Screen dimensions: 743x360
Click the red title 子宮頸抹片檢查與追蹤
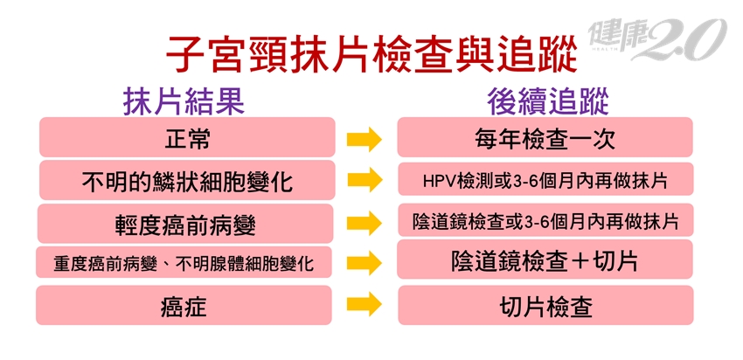click(x=371, y=56)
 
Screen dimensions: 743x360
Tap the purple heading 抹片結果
click(x=184, y=101)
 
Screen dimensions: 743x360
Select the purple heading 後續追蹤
click(x=548, y=101)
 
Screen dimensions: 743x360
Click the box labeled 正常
click(x=187, y=137)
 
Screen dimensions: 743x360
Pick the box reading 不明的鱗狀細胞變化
click(x=187, y=180)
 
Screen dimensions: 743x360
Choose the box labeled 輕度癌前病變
click(x=185, y=223)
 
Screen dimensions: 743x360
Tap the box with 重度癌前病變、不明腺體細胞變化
click(x=184, y=262)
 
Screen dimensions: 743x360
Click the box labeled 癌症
click(x=184, y=305)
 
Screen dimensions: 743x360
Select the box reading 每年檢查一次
click(x=545, y=137)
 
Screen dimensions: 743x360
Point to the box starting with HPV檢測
click(x=545, y=179)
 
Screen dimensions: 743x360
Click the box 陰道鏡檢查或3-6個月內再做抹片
click(x=545, y=220)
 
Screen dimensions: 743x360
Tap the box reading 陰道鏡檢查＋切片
click(x=545, y=260)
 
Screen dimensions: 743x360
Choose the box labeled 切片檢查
click(x=545, y=305)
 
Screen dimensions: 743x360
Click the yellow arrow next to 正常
click(x=365, y=140)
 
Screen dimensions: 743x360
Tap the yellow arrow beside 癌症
click(x=365, y=305)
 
